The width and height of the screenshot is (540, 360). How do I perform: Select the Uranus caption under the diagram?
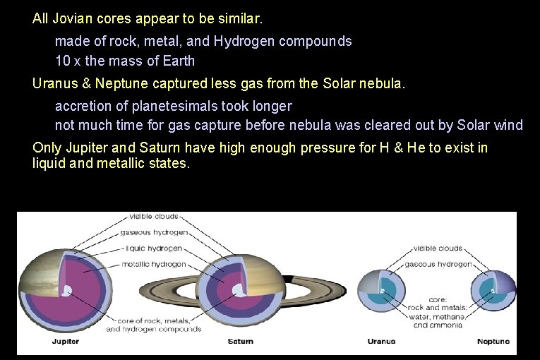tap(381, 342)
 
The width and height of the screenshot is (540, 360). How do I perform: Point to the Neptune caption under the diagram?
tap(493, 342)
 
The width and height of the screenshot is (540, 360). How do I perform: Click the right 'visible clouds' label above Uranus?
tap(438, 248)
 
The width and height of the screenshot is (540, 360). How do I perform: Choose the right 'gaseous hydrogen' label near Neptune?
tap(438, 265)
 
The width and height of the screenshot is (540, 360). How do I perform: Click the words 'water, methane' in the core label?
tap(438, 317)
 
